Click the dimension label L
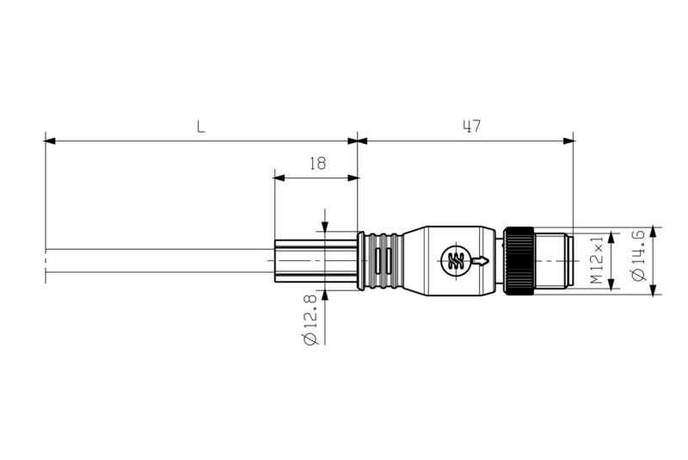pos(200,127)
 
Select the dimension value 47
pos(470,127)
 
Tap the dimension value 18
pos(317,164)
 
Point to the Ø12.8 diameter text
pos(310,319)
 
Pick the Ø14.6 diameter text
pos(637,253)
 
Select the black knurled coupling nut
pos(519,261)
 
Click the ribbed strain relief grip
pos(382,261)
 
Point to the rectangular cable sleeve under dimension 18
pos(315,261)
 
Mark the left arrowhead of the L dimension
pos(50,140)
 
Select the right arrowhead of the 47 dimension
pos(568,140)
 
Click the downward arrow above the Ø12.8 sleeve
pos(324,226)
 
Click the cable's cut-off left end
pos(45,261)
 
